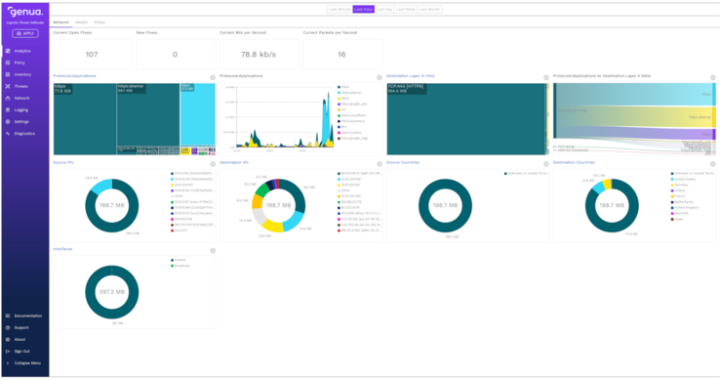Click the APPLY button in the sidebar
23,32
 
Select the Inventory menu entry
22,74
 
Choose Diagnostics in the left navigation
24,133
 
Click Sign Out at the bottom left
21,351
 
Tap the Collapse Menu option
26,362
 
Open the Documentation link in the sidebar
27,316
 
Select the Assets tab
81,21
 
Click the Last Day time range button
384,9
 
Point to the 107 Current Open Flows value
92,55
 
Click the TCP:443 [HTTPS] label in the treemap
400,86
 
